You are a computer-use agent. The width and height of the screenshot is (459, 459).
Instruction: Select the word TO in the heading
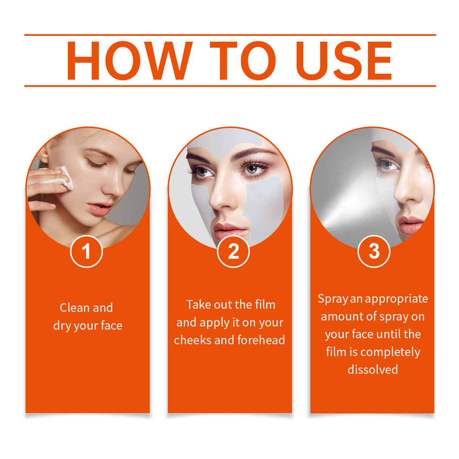click(242, 61)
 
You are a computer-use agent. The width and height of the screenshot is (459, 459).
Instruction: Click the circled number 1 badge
click(86, 251)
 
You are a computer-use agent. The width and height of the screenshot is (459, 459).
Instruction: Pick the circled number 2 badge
click(233, 251)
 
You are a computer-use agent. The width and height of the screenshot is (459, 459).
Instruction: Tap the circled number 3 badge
click(374, 251)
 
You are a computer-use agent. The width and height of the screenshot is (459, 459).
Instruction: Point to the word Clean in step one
click(75, 308)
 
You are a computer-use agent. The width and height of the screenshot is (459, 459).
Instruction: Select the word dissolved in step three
click(372, 369)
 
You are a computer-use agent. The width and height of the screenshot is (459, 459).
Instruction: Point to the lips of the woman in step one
click(99, 208)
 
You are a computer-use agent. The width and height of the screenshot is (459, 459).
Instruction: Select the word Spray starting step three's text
click(332, 299)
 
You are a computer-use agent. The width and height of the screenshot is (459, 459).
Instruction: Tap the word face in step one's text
click(112, 326)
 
